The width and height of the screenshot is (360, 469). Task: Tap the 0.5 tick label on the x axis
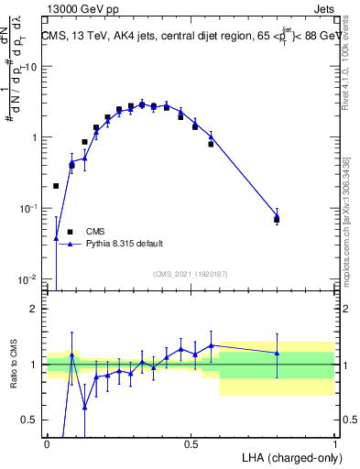(x=191, y=444)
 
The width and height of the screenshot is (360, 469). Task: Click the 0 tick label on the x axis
(x=47, y=444)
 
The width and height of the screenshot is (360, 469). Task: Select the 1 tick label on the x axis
(x=334, y=444)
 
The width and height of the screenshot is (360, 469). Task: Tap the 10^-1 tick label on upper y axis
(x=29, y=208)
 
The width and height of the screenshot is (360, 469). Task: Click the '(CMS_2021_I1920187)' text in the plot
(x=190, y=274)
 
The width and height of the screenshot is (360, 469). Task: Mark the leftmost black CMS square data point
(x=56, y=186)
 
